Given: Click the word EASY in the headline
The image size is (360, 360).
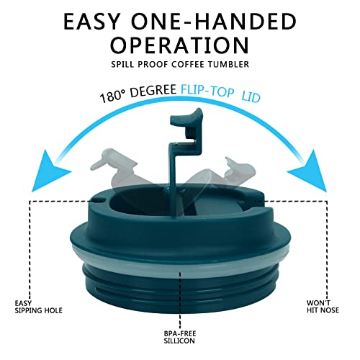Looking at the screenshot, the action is pyautogui.click(x=92, y=22).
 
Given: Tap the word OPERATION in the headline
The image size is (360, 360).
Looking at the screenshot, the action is pyautogui.click(x=179, y=45).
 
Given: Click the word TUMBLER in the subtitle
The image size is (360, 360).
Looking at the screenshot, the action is pyautogui.click(x=228, y=64).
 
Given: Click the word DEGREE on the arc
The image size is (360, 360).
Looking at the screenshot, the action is pyautogui.click(x=153, y=90).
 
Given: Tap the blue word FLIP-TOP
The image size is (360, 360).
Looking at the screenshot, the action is pyautogui.click(x=207, y=91).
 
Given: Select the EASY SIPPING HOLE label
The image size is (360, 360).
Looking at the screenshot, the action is pyautogui.click(x=38, y=307).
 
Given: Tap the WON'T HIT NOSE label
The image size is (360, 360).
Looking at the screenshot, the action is pyautogui.click(x=323, y=307).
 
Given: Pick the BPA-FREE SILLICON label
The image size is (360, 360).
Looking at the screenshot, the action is pyautogui.click(x=179, y=337).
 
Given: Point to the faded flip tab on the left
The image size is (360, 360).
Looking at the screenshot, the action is pyautogui.click(x=117, y=167).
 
